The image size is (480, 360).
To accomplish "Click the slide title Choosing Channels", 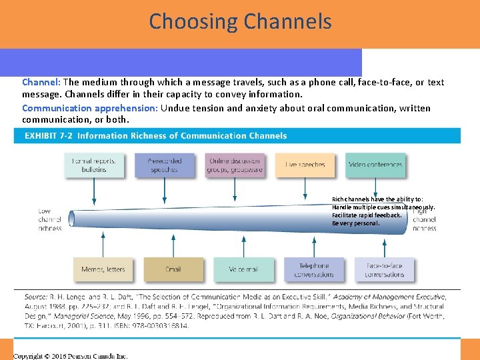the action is click(x=240, y=21).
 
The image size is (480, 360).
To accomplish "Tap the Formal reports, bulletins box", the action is click(x=94, y=165).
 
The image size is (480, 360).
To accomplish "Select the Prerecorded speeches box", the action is click(x=164, y=165).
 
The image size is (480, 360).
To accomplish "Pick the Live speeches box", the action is click(x=305, y=165).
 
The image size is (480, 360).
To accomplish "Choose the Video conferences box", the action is click(x=375, y=165).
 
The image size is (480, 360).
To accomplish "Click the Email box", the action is click(x=173, y=269).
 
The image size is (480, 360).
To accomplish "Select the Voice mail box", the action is click(x=243, y=269).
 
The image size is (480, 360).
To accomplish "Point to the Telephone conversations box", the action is click(x=314, y=269).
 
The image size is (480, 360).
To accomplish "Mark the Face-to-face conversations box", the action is click(x=385, y=269).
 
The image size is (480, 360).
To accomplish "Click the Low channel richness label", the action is click(x=49, y=219).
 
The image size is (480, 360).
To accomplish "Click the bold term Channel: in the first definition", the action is click(x=41, y=83).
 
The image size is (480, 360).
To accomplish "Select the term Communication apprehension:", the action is click(x=89, y=108).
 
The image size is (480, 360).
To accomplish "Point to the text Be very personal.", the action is click(x=356, y=223).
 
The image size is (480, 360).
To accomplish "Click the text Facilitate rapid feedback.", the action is click(x=367, y=215).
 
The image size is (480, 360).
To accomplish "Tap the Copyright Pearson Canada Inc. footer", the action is click(x=71, y=355).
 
